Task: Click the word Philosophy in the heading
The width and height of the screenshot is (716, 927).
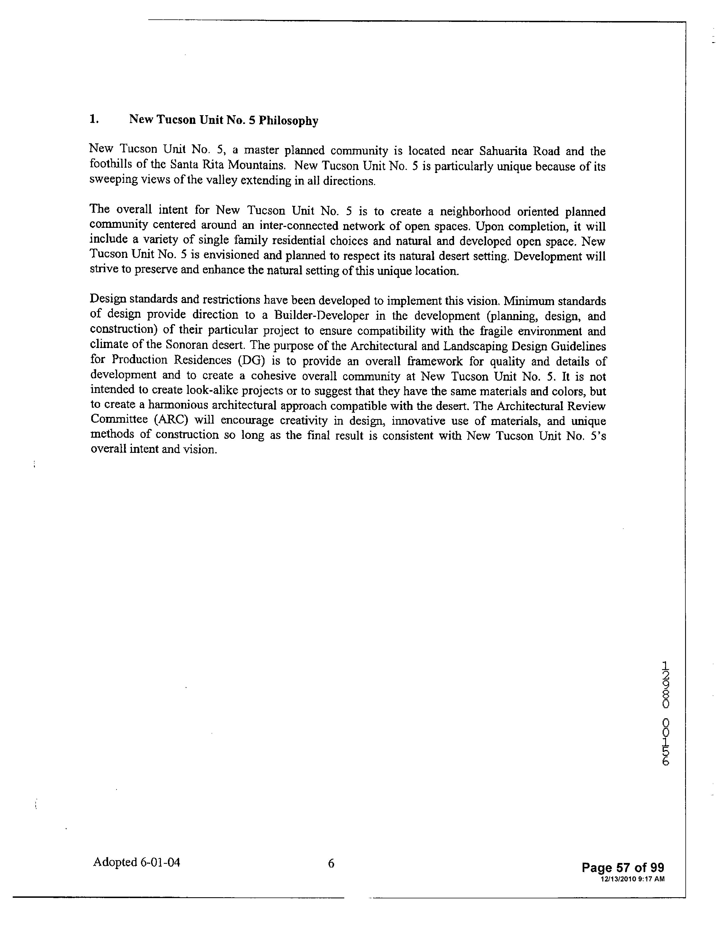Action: pyautogui.click(x=288, y=121)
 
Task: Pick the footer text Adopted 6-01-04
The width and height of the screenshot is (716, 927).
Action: pyautogui.click(x=136, y=862)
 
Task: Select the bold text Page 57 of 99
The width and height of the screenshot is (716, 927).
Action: pyautogui.click(x=623, y=867)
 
